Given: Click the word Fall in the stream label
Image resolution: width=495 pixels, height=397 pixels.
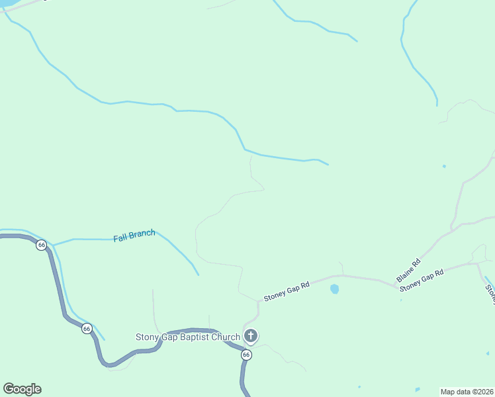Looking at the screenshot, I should (120, 238).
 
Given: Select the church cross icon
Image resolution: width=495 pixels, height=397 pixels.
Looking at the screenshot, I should (250, 335).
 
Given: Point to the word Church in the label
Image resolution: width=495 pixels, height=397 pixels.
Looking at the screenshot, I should (226, 337).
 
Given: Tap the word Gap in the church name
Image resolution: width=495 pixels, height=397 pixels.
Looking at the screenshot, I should (169, 337).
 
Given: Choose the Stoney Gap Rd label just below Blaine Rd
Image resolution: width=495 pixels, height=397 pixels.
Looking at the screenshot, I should (421, 280).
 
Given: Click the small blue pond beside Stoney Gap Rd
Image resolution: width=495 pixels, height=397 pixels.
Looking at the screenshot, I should (335, 289).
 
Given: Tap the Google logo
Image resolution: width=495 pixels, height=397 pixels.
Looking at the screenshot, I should (22, 389).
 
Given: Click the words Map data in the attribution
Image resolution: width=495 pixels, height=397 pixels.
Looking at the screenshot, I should (456, 391).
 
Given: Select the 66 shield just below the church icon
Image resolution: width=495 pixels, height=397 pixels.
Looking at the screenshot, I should (246, 355).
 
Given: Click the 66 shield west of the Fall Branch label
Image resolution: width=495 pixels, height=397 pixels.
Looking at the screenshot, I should (42, 245).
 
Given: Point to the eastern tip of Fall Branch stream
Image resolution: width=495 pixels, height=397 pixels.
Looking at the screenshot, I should (199, 275).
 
